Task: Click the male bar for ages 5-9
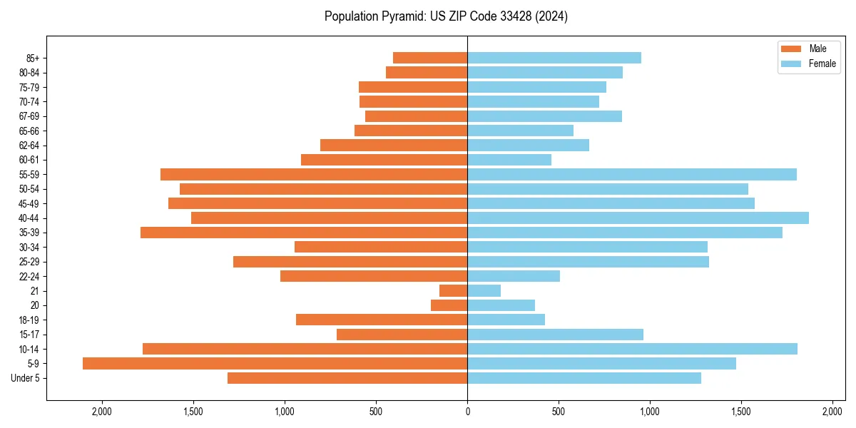coord(275,364)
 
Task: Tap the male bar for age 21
coord(453,291)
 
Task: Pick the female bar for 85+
coord(554,58)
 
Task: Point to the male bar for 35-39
coord(304,233)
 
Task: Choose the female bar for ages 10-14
coord(632,349)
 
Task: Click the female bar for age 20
coord(501,305)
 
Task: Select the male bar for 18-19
coord(382,320)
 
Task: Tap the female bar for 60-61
coord(509,160)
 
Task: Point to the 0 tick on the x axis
coord(467,412)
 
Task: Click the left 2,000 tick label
coord(102,412)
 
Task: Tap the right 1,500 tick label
coord(741,412)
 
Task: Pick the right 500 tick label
coord(559,412)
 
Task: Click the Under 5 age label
coord(25,378)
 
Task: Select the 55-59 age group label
coord(29,175)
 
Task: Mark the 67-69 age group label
coord(29,116)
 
